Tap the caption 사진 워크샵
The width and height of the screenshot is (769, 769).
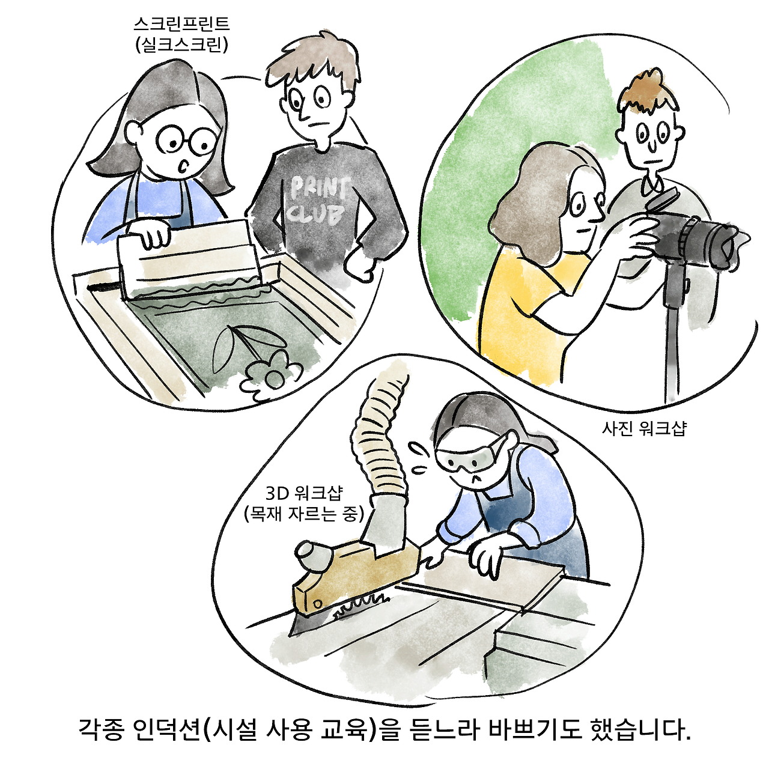coord(643,428)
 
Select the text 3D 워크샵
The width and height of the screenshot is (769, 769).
coord(304,493)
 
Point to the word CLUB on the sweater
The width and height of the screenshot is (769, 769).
coord(317,213)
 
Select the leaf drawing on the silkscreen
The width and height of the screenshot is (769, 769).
coord(223,348)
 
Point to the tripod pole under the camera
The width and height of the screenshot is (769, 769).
coord(672,336)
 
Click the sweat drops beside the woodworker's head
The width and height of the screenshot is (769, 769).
coord(418,457)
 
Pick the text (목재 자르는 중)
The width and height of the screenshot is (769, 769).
coord(304,514)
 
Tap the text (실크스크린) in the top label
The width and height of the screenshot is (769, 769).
coord(181,45)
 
